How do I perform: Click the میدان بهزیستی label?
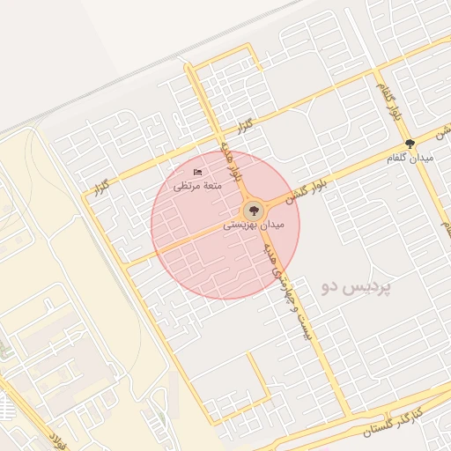(253, 225)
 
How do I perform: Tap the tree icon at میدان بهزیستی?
(253, 210)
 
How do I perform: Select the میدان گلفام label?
(410, 158)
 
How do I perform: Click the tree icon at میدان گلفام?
(410, 143)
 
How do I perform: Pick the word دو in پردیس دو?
(330, 288)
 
